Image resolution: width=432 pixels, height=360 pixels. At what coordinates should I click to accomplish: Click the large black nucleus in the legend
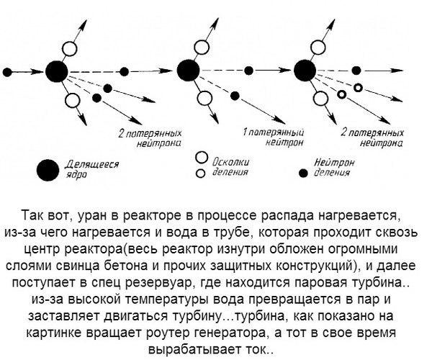pos(48,170)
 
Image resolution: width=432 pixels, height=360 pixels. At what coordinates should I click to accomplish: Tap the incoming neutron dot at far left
pos(7,73)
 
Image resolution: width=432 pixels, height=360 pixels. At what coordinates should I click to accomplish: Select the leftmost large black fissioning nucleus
pos(56,71)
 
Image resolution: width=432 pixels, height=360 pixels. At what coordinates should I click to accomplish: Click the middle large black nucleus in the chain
pos(189,71)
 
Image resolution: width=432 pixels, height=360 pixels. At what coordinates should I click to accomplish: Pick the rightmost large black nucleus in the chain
pos(305,71)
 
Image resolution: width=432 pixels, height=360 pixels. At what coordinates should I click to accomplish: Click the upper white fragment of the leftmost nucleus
pos(69,49)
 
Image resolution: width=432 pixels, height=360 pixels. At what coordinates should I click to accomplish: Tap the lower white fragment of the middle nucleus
pos(204,98)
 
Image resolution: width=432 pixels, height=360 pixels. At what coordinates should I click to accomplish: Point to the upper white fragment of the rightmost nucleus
pos(318,48)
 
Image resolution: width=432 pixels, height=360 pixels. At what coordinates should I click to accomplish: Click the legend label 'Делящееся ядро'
pos(92,169)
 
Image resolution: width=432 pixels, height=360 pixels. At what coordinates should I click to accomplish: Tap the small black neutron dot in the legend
pos(304,174)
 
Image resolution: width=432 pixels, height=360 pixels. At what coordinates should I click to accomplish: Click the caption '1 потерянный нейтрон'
pos(274,138)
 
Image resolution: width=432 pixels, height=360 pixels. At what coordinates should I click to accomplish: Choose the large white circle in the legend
pos(202,157)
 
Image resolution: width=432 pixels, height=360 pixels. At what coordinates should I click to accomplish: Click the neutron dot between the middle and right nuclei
pos(249,71)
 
